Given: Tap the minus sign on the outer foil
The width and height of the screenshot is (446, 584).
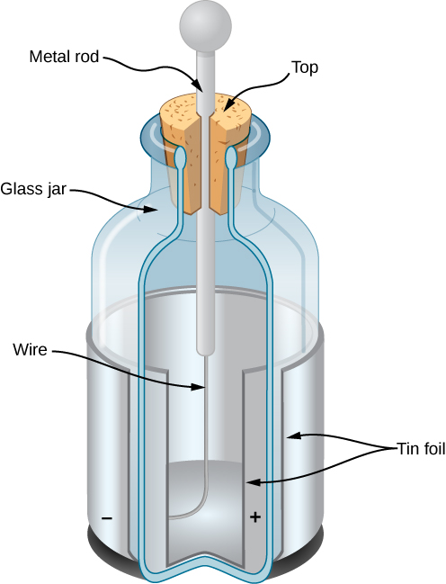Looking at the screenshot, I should coord(108,518).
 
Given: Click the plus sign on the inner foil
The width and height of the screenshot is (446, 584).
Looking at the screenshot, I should coord(254,518).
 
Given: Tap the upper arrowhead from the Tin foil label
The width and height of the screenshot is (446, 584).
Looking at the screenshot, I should coord(289,436).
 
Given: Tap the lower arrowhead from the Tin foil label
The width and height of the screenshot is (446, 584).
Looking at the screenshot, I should coord(253,483).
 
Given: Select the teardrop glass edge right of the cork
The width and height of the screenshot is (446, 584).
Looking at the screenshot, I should coord(232,158).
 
